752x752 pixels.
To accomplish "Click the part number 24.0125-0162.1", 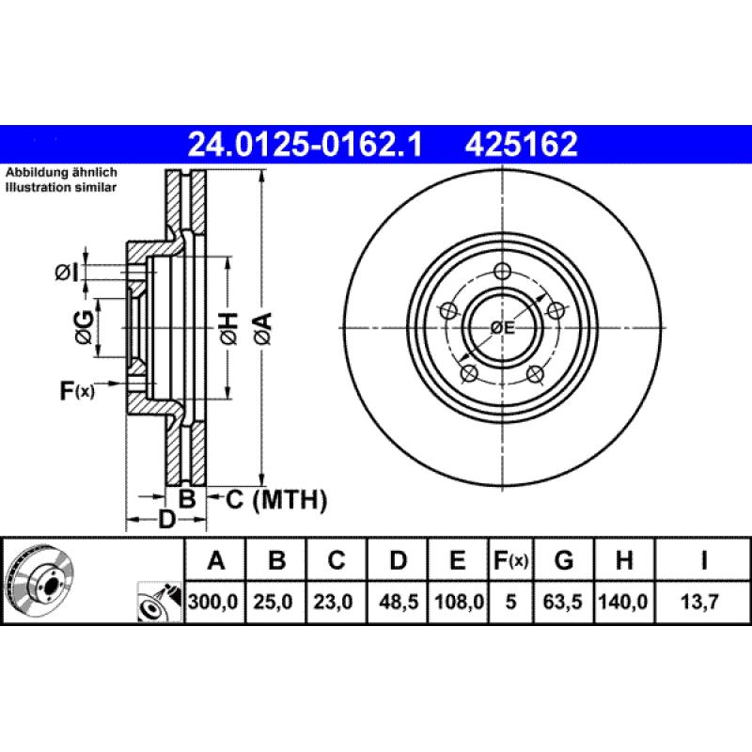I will pos(305,144).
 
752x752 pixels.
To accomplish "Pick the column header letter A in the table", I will pos(215,562).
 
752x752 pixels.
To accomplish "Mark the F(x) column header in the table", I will pos(510,562).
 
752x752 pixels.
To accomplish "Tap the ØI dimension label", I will pos(65,273).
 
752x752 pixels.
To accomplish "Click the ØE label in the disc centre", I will pos(503,327).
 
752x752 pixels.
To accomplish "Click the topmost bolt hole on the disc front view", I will pos(503,271).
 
